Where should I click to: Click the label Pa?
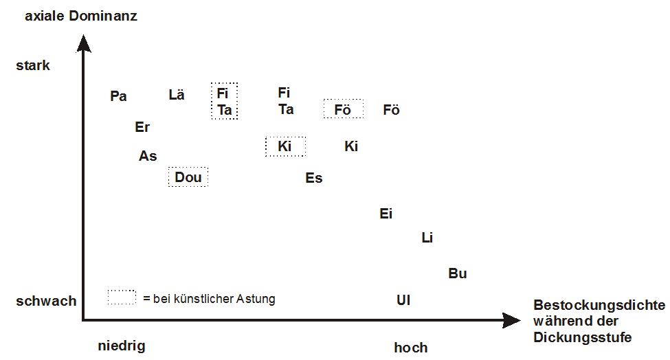point(118,96)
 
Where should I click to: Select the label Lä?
point(177,94)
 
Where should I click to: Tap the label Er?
point(142,127)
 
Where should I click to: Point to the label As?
point(148,156)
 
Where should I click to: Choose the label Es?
point(313,178)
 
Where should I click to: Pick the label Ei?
point(386,214)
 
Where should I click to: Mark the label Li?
point(427,238)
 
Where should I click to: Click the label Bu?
point(458,273)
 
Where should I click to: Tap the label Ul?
point(403,300)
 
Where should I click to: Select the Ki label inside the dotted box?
point(284,146)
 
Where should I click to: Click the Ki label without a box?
point(351,146)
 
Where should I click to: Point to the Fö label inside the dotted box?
point(343,109)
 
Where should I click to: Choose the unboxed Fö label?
point(392,109)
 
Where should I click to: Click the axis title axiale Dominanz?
point(81,16)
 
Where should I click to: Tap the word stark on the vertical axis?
point(33,65)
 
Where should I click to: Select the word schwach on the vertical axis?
point(46,301)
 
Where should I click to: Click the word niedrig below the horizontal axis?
point(122,346)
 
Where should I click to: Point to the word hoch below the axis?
point(411,348)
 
